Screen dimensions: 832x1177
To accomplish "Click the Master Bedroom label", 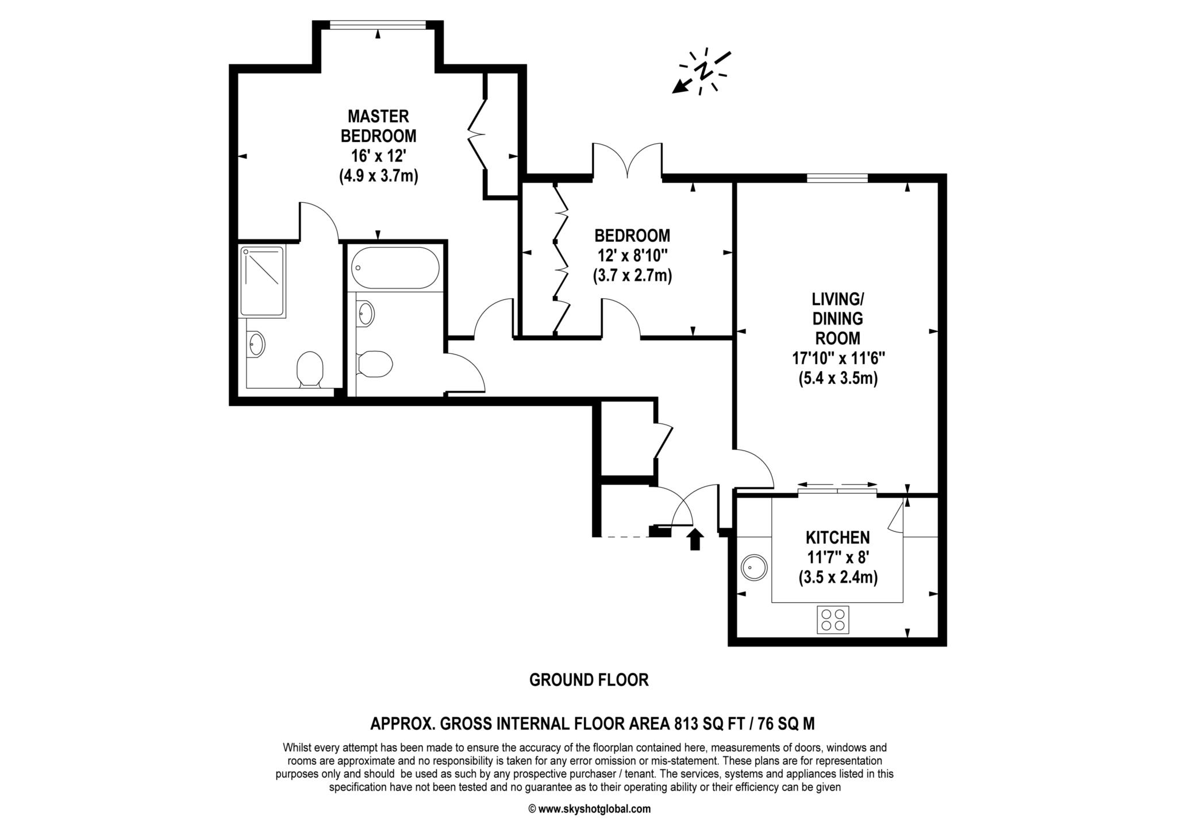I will (x=378, y=126).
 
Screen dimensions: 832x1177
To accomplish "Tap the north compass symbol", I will (x=702, y=72).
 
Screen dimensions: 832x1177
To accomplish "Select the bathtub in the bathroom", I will (x=396, y=268).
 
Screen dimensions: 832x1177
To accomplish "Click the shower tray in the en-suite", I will (x=263, y=280).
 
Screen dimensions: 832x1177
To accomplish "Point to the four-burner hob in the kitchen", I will (x=833, y=620).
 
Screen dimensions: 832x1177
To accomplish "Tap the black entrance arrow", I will (x=695, y=539).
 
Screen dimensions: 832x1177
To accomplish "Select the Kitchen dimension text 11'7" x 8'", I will (x=837, y=557).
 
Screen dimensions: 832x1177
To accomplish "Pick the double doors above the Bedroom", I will (x=628, y=161).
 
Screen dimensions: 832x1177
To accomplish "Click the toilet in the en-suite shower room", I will (x=310, y=368).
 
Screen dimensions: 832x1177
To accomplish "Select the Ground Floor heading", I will (x=588, y=680).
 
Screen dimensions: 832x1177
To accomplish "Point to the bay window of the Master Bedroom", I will (x=378, y=24).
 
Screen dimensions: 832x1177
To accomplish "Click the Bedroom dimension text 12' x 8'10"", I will (x=632, y=256).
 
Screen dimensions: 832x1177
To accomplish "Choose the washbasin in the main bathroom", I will (x=366, y=314).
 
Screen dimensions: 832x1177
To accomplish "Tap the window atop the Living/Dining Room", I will (x=837, y=179).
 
